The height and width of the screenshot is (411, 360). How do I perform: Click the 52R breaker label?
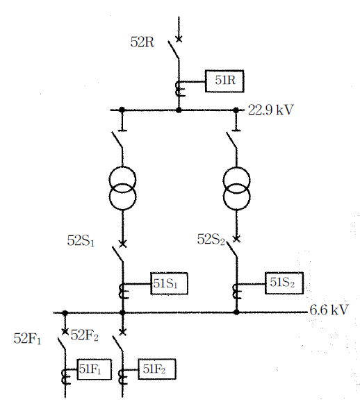click(x=142, y=42)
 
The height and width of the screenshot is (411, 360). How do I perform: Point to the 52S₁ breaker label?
click(x=81, y=241)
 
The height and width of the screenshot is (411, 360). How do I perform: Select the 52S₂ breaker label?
click(x=211, y=240)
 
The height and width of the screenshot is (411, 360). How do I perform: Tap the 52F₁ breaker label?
click(x=27, y=338)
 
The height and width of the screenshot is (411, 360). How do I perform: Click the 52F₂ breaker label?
click(x=85, y=335)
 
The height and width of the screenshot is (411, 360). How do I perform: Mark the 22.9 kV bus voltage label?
click(x=271, y=110)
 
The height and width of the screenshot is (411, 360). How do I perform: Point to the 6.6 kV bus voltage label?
click(x=329, y=310)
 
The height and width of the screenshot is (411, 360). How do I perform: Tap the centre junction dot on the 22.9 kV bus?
click(x=179, y=110)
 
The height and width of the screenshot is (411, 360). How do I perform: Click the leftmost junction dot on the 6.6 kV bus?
click(x=65, y=313)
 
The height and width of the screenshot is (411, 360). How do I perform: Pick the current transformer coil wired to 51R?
click(x=179, y=89)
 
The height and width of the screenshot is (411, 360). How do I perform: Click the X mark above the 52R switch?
click(x=179, y=39)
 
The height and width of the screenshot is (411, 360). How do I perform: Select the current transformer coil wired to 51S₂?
click(x=236, y=292)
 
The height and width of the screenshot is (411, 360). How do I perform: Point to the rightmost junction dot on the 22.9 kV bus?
click(x=236, y=110)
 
